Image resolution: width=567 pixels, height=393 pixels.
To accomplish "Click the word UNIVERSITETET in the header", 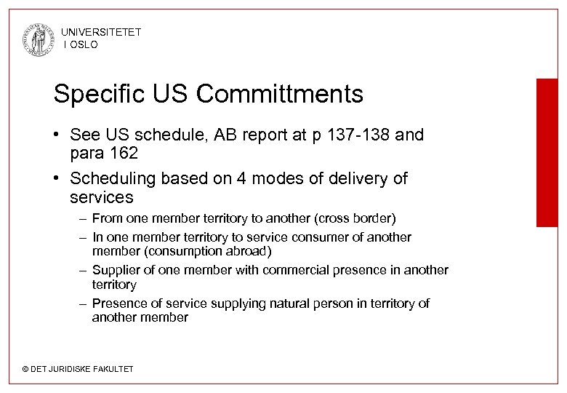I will click(101, 32).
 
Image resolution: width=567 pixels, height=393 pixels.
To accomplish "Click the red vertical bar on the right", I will click(547, 152).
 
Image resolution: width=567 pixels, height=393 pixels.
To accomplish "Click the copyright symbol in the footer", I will click(25, 369).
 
